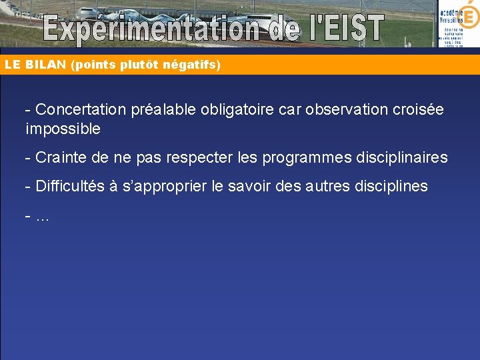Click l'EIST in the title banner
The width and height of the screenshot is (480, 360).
(340, 29)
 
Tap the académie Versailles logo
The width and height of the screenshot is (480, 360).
(459, 24)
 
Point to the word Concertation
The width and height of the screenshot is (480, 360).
(80, 109)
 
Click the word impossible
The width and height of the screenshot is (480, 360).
(63, 129)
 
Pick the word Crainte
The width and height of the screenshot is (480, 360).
(59, 158)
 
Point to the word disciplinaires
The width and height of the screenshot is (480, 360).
(401, 158)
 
